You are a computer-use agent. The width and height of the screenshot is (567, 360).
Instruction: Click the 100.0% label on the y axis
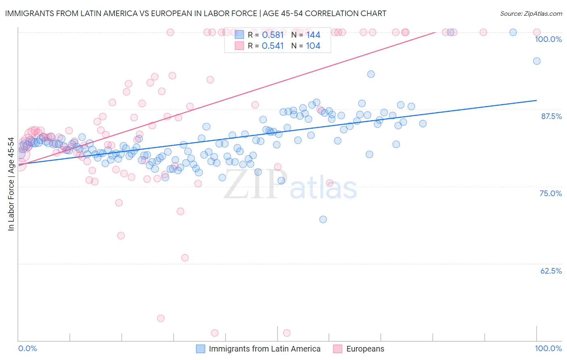click(x=548, y=39)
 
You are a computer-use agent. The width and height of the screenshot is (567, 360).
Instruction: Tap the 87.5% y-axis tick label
click(x=551, y=116)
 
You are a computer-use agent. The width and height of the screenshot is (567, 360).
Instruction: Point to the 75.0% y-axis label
click(x=550, y=193)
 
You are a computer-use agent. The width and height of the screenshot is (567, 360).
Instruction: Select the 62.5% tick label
click(x=551, y=271)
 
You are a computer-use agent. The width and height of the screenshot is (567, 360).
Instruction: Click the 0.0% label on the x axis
click(x=27, y=348)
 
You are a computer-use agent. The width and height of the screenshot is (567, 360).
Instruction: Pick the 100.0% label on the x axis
click(x=548, y=348)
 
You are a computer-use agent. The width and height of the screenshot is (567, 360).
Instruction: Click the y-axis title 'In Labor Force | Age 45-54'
click(x=11, y=184)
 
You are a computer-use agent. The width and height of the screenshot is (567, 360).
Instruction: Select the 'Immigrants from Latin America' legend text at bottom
click(x=265, y=349)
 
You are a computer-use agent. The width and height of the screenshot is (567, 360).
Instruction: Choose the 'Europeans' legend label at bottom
click(x=365, y=349)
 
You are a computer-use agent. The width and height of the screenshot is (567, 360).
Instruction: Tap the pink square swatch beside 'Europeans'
click(x=338, y=349)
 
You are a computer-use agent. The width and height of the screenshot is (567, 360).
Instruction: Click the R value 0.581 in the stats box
click(x=273, y=35)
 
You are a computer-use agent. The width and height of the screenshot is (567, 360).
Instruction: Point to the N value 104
click(x=313, y=46)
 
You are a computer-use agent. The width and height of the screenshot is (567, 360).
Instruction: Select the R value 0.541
click(x=273, y=46)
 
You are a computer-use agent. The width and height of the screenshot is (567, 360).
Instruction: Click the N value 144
click(x=313, y=35)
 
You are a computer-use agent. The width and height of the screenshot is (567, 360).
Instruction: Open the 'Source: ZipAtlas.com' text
click(x=531, y=14)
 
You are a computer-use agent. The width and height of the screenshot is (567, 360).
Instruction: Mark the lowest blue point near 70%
click(x=323, y=220)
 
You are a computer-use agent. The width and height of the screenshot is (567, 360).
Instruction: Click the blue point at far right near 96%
click(x=537, y=61)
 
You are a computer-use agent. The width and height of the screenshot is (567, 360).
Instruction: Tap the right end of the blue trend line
click(x=536, y=100)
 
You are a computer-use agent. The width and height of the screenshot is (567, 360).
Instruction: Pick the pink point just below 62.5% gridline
click(x=185, y=257)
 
